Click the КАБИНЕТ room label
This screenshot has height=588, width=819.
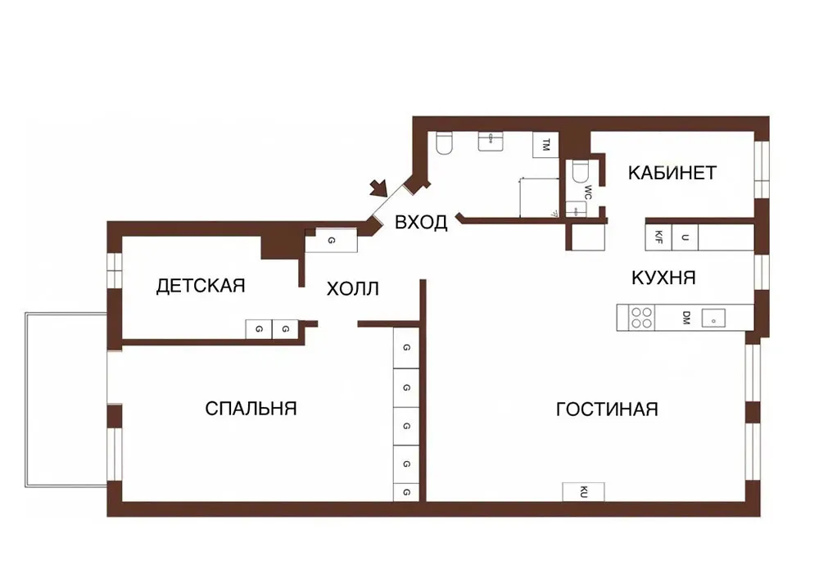[x=672, y=173]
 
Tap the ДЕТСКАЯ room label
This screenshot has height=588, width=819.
[x=201, y=286]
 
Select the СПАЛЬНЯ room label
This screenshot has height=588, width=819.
[x=251, y=409]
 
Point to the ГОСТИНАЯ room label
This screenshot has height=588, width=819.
[x=607, y=409]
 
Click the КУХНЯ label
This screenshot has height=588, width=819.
[x=664, y=278]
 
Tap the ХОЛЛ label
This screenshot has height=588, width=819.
[x=352, y=289]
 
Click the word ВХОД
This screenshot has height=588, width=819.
[x=421, y=223]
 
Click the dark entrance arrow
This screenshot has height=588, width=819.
[x=378, y=188]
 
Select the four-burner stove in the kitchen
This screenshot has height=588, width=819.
[x=642, y=318]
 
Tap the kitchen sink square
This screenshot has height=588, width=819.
[x=713, y=318]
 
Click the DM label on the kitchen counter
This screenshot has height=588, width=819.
[x=686, y=318]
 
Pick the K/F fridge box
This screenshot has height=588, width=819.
[x=658, y=237]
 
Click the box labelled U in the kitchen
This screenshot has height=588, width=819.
[x=685, y=237]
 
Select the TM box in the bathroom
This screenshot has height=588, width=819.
[x=545, y=145]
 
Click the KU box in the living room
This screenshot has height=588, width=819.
[x=583, y=492]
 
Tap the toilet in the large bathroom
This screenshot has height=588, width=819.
[x=444, y=143]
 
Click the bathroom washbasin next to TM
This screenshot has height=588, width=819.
[x=491, y=141]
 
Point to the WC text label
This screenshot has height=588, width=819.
[x=588, y=192]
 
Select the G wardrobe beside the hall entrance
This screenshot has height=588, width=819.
[x=331, y=241]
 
